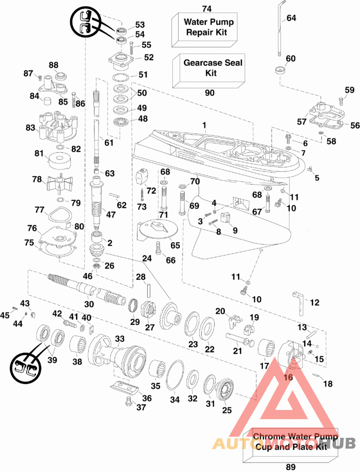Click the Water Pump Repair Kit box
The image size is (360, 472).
pos(204,30)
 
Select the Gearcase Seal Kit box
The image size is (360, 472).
pos(208,71)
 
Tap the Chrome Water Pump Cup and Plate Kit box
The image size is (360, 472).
pos(290,445)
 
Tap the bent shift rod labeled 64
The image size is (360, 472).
pos(281,29)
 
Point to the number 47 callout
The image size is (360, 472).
pos(111,214)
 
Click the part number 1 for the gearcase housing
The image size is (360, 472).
pos(204,125)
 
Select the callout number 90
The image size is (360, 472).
pos(210,93)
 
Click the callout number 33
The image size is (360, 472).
pos(120,338)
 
